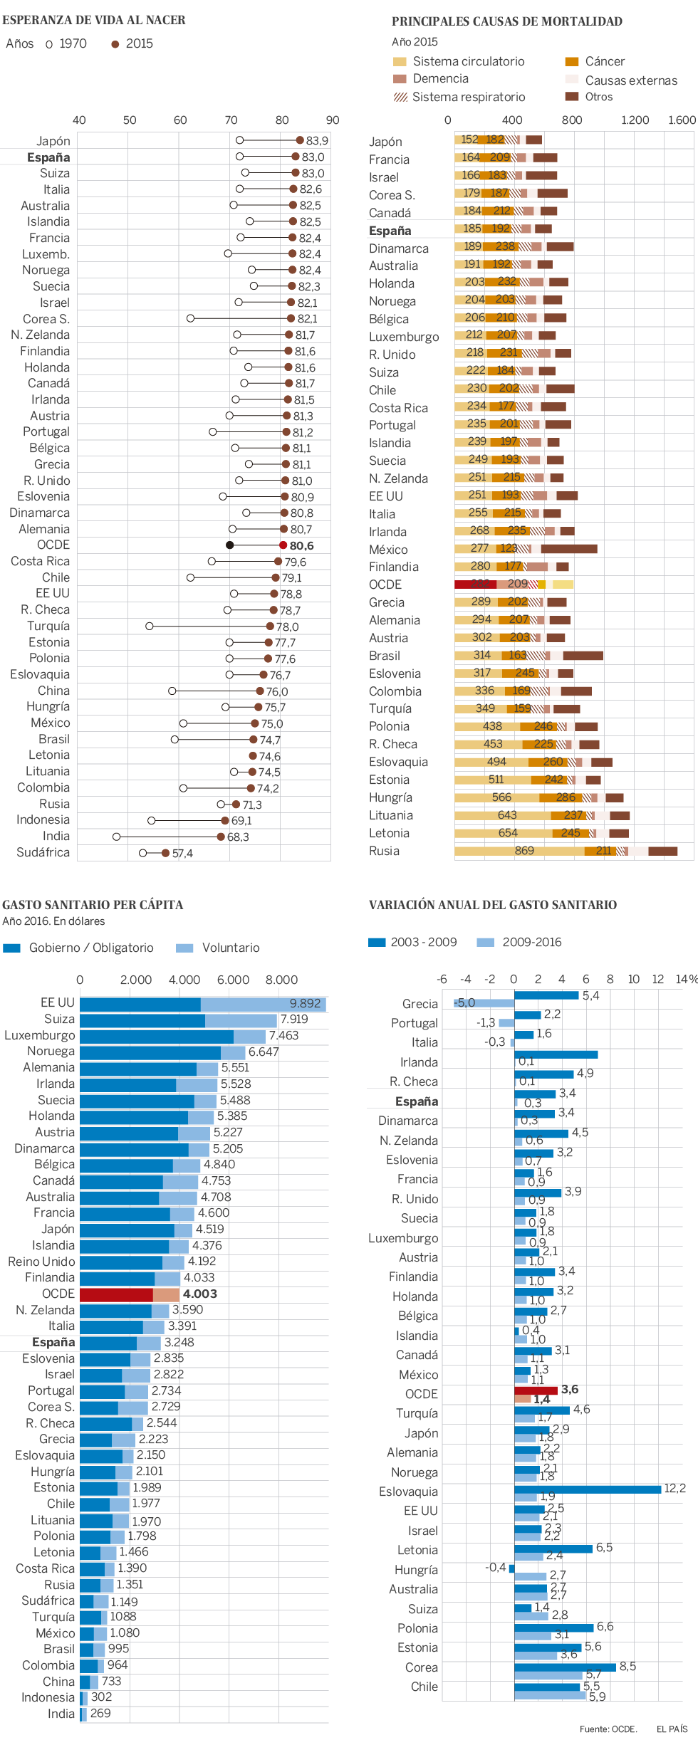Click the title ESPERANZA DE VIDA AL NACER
[x=94, y=20]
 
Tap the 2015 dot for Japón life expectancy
[x=300, y=140]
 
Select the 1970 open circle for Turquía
[x=150, y=626]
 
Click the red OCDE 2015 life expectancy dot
[x=283, y=545]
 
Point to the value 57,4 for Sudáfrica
[x=182, y=853]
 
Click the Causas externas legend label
[x=631, y=80]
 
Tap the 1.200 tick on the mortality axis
[x=635, y=120]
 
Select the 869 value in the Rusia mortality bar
[x=524, y=850]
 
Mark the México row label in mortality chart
[x=388, y=549]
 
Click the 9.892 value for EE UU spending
[x=306, y=1003]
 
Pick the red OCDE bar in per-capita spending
[x=116, y=1294]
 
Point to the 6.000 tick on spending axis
[x=233, y=980]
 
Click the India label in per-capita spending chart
[x=61, y=1714]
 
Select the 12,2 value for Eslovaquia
[x=674, y=1488]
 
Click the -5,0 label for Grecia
[x=464, y=1002]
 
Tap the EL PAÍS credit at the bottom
[x=672, y=1729]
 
